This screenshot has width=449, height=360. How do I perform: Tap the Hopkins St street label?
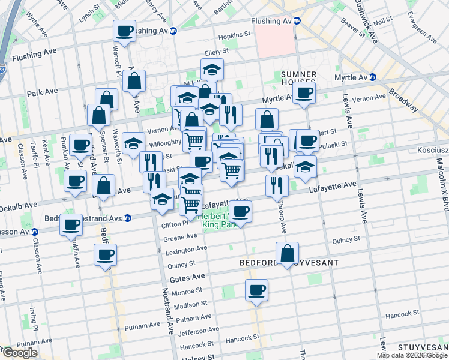click(x=234, y=36)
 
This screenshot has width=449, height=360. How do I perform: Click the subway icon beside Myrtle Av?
click(x=373, y=77)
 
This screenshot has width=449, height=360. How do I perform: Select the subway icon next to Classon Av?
click(x=34, y=232)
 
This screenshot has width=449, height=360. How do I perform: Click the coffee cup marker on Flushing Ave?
click(x=125, y=31)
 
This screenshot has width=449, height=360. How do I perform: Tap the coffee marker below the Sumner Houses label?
click(x=304, y=94)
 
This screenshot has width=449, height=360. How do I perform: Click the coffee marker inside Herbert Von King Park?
click(x=241, y=211)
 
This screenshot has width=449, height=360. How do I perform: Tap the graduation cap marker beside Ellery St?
click(x=212, y=70)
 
